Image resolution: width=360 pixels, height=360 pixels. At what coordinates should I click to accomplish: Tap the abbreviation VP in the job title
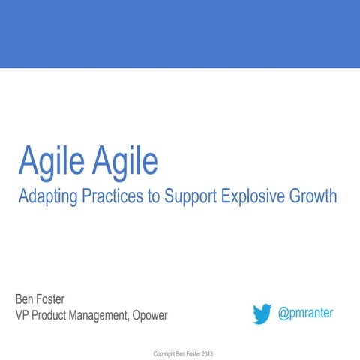coord(24,316)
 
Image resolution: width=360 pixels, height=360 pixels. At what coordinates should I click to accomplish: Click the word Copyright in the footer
coord(165,352)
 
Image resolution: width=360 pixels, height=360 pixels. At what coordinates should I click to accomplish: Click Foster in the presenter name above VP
coord(59,299)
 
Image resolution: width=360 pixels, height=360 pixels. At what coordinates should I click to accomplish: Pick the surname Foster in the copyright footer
coord(191,352)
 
